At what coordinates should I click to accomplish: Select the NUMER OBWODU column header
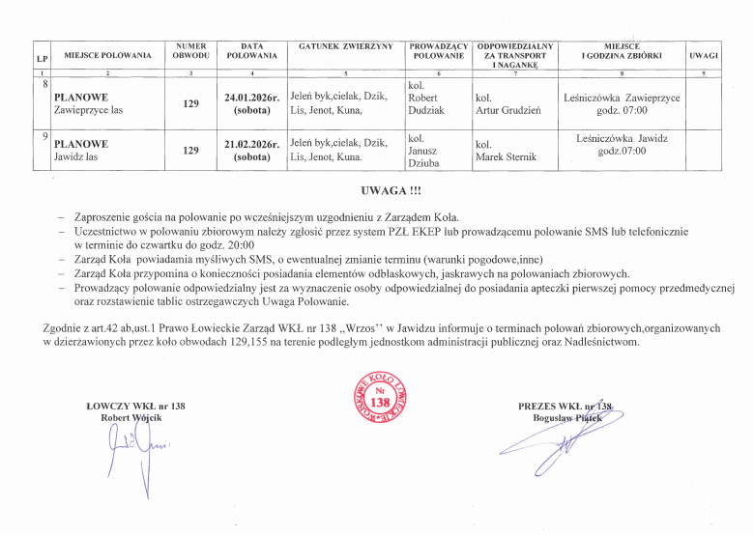(x=191, y=50)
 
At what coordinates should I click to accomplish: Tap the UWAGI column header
(x=704, y=55)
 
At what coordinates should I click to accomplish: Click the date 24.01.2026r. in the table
(x=251, y=99)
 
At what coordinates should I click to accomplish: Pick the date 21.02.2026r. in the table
(x=251, y=144)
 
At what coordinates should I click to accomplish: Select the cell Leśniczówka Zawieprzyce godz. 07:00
(x=622, y=104)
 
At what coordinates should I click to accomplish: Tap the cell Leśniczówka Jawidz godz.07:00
(x=622, y=145)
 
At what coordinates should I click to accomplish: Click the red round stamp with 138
(x=379, y=398)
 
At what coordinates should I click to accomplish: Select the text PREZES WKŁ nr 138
(x=565, y=406)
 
